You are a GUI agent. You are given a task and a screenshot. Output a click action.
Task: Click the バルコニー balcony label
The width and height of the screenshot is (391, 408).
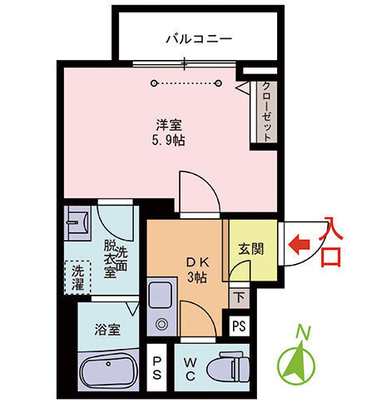click(x=197, y=38)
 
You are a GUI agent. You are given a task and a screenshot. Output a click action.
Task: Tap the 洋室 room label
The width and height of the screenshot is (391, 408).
click(x=169, y=125)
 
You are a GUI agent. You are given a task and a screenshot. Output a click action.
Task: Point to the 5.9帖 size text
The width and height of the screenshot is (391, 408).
click(x=169, y=140)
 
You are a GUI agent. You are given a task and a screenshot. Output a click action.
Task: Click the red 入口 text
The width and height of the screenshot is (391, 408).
click(x=330, y=241)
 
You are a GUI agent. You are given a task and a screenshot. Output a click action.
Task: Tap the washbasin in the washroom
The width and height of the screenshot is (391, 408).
click(x=79, y=221)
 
